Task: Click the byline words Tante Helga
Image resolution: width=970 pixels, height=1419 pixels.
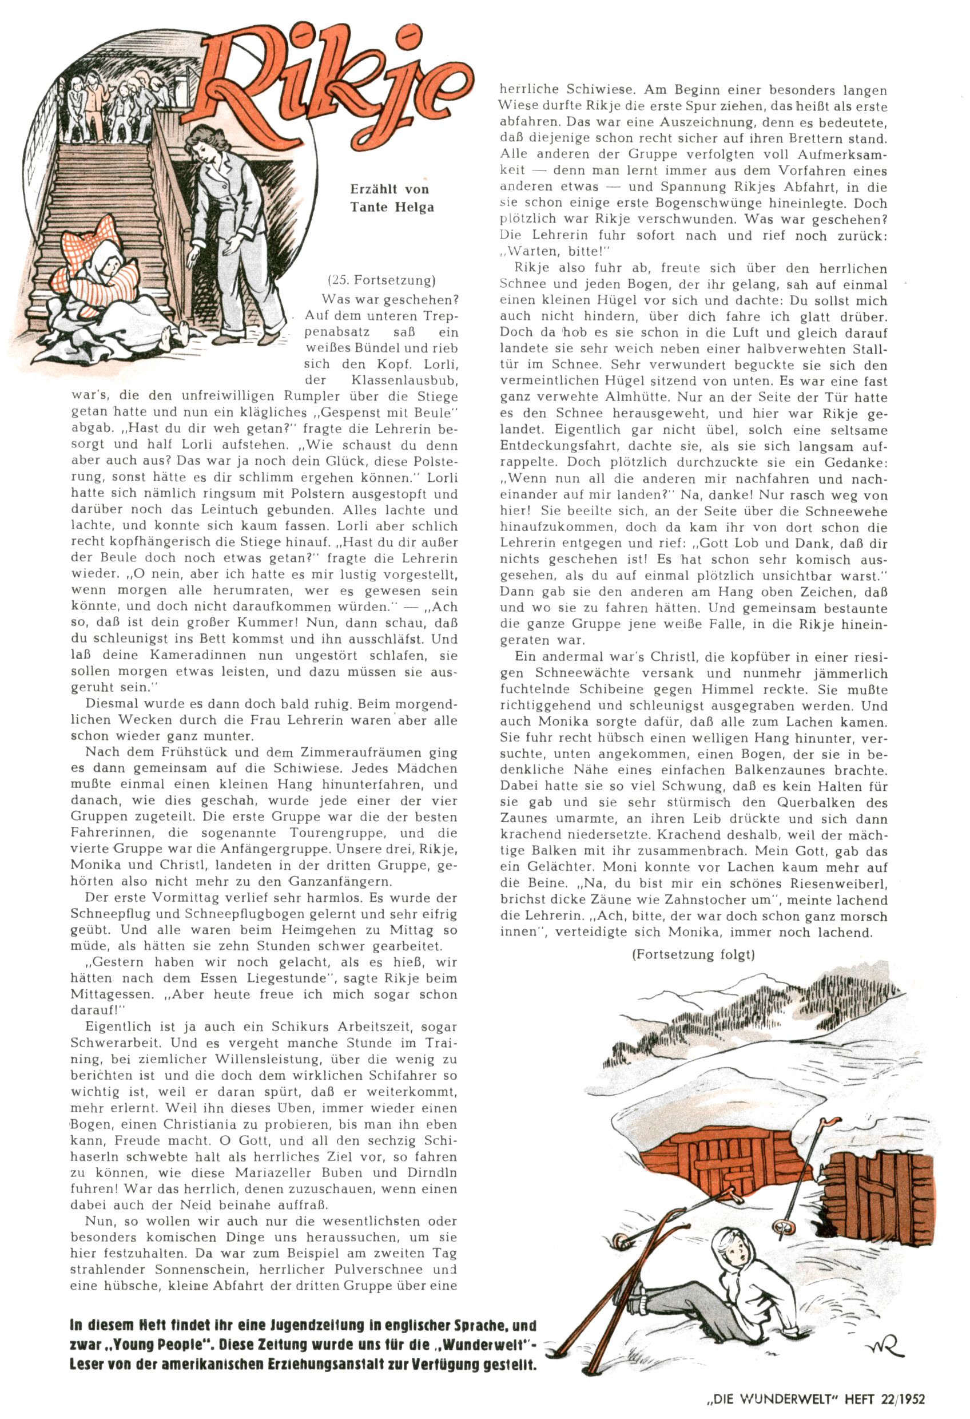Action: (392, 207)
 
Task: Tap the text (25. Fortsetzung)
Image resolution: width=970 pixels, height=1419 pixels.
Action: (381, 280)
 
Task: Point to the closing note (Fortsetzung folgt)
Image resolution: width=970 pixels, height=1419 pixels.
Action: (693, 954)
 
